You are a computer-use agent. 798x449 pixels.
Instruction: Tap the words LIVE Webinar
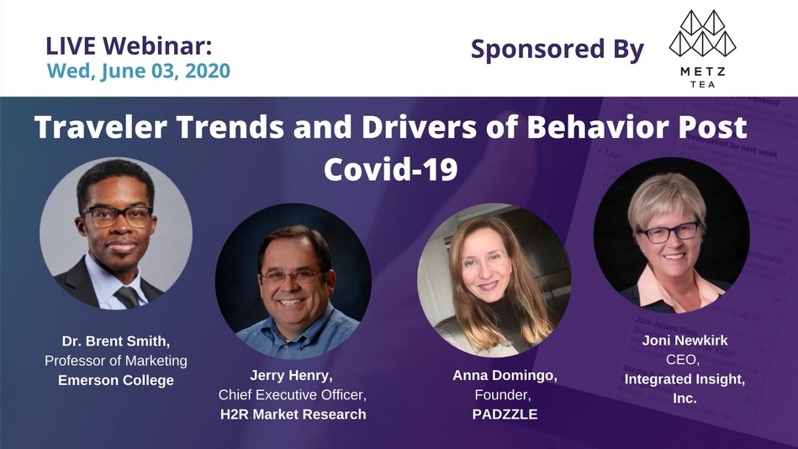(x=129, y=45)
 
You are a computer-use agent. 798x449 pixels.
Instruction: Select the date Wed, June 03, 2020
(x=139, y=71)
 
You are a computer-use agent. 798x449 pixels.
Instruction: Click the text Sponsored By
(x=558, y=50)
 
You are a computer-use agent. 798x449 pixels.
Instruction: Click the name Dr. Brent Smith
(x=116, y=341)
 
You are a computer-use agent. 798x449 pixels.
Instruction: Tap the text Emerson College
(x=116, y=380)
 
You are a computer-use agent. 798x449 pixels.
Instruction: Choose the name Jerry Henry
(x=291, y=376)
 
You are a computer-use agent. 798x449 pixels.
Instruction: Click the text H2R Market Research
(x=293, y=415)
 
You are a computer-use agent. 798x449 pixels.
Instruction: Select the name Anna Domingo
(x=505, y=376)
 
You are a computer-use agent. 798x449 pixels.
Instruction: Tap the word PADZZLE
(x=505, y=415)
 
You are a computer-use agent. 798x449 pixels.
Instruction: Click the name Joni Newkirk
(x=684, y=340)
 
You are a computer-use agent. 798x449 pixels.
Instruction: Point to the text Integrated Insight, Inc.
(x=684, y=388)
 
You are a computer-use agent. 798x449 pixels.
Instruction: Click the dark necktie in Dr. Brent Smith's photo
(x=127, y=297)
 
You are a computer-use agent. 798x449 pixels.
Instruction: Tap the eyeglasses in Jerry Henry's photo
(x=291, y=277)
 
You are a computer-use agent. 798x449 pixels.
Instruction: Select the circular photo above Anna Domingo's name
(x=494, y=279)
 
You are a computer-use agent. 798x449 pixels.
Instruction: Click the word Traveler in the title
(x=101, y=127)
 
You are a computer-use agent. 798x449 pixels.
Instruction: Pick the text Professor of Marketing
(x=116, y=361)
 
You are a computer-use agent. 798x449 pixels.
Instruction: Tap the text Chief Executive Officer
(x=293, y=395)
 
